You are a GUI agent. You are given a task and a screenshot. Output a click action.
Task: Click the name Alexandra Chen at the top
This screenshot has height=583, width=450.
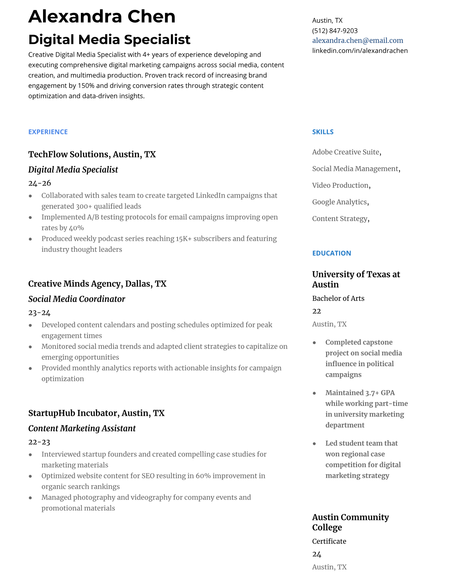(x=102, y=17)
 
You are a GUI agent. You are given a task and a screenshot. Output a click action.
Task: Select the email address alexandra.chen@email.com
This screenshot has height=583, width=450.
(x=357, y=40)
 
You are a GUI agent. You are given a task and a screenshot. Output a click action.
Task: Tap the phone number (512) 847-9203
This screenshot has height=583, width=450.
(x=335, y=31)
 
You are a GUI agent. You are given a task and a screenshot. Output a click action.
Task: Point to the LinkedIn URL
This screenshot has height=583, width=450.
(x=360, y=50)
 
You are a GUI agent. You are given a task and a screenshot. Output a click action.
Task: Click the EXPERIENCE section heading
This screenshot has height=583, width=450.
(x=48, y=132)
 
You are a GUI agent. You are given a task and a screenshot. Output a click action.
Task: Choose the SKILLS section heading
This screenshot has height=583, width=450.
(x=322, y=132)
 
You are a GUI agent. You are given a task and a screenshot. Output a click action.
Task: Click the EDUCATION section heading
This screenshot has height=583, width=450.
(x=331, y=253)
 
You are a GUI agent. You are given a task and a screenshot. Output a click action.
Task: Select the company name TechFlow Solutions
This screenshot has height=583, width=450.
(x=69, y=154)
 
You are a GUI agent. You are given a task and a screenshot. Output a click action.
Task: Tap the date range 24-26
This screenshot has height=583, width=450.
(x=39, y=183)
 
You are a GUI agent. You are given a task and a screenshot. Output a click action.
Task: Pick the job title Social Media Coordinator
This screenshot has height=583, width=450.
(x=76, y=299)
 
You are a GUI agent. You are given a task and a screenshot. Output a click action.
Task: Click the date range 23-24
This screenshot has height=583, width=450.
(x=39, y=312)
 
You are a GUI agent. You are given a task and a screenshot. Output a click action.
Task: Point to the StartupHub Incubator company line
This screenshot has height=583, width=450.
(x=96, y=413)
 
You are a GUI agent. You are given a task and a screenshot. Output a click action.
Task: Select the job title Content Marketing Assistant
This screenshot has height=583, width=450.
(x=82, y=428)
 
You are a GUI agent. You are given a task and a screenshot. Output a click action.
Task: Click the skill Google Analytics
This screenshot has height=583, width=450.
(x=339, y=202)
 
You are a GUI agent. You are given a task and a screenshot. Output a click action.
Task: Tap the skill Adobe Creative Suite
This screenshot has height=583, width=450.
(x=346, y=152)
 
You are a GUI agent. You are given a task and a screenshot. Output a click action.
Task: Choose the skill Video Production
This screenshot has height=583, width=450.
(x=340, y=185)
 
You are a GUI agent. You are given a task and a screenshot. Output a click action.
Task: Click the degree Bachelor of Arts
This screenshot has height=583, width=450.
(x=338, y=298)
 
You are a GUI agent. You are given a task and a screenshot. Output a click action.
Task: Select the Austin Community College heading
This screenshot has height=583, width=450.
(x=350, y=522)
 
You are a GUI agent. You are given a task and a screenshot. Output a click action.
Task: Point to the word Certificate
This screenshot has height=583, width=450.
(x=329, y=541)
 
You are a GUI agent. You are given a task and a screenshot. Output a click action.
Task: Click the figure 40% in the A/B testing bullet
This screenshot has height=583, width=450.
(x=76, y=228)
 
